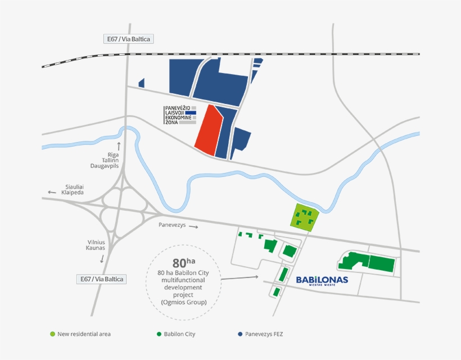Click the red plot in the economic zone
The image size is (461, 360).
pyautogui.click(x=209, y=130)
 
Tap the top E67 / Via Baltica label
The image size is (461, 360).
pyautogui.click(x=130, y=39)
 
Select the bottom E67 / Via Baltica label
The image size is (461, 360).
pyautogui.click(x=102, y=279)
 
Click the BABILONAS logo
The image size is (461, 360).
pyautogui.click(x=322, y=280)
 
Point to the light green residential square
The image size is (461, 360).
pyautogui.click(x=304, y=218)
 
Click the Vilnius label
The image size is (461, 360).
pyautogui.click(x=96, y=242)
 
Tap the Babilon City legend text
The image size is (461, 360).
pyautogui.click(x=179, y=334)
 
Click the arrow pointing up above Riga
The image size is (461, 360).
pyautogui.click(x=119, y=145)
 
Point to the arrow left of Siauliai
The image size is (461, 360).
pyautogui.click(x=52, y=192)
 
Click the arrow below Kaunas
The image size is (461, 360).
pyautogui.click(x=102, y=259)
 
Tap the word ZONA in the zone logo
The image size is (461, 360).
pyautogui.click(x=171, y=122)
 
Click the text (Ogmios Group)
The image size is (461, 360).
pyautogui.click(x=183, y=302)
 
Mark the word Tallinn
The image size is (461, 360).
pyautogui.click(x=110, y=160)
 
